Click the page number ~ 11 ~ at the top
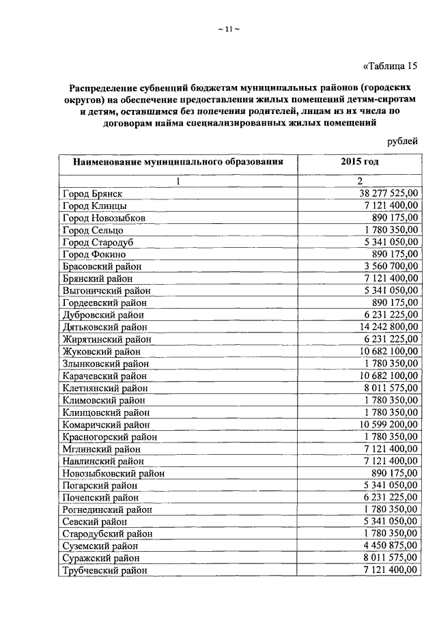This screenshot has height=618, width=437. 228,28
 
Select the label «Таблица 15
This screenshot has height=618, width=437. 390,66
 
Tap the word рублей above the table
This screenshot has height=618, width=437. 402,141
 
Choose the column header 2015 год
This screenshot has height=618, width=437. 359,163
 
